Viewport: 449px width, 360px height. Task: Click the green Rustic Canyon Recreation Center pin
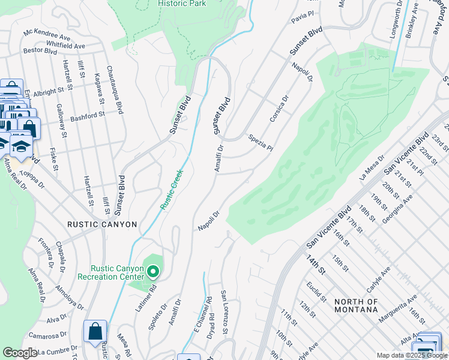(153, 272)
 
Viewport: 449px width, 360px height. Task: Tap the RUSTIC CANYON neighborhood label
(103, 224)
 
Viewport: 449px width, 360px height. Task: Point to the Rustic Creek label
(171, 188)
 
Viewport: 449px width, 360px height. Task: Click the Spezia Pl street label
(261, 143)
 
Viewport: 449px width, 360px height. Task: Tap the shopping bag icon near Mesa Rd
(95, 332)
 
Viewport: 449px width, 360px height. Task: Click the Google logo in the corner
(20, 353)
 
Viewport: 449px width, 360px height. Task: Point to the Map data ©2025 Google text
(411, 355)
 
